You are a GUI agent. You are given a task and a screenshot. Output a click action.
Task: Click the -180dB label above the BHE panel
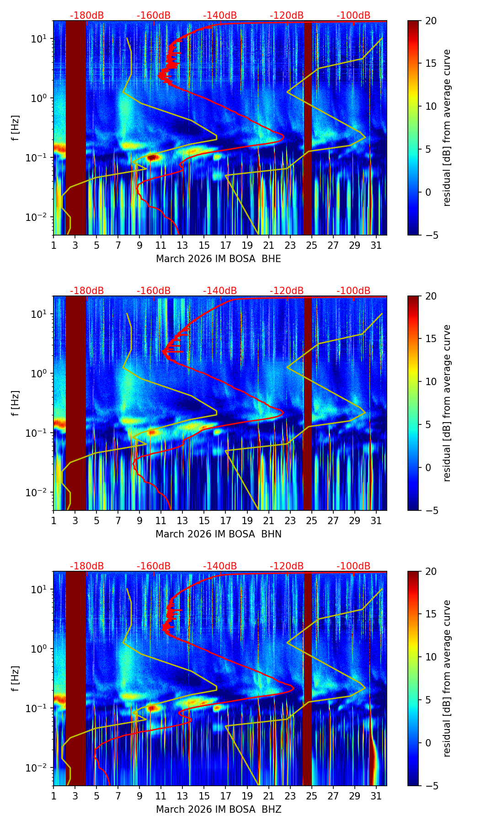pyautogui.click(x=87, y=16)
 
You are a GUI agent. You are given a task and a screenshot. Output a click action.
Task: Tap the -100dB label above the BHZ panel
pyautogui.click(x=353, y=567)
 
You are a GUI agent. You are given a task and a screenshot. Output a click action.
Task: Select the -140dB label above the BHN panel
pyautogui.click(x=220, y=291)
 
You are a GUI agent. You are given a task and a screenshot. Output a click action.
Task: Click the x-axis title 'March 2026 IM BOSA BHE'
pyautogui.click(x=219, y=259)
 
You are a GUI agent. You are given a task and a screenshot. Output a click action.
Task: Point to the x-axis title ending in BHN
pyautogui.click(x=219, y=535)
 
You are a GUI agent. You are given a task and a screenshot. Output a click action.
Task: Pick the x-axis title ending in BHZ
pyautogui.click(x=219, y=810)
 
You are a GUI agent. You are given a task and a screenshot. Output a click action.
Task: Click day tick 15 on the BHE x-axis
pyautogui.click(x=204, y=245)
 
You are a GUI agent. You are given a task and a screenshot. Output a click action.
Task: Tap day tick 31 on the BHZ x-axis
pyautogui.click(x=376, y=796)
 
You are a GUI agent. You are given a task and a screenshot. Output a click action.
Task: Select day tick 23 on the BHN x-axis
pyautogui.click(x=290, y=520)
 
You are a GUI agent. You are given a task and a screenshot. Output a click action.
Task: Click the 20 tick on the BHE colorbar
pyautogui.click(x=431, y=21)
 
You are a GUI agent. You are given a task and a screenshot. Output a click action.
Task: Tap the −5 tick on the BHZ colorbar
pyautogui.click(x=430, y=786)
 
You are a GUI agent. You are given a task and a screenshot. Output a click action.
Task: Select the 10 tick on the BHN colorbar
pyautogui.click(x=431, y=381)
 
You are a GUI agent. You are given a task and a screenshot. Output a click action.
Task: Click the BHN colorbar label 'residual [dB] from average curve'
pyautogui.click(x=447, y=403)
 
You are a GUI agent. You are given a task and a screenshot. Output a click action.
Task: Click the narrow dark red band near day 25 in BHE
pyautogui.click(x=308, y=128)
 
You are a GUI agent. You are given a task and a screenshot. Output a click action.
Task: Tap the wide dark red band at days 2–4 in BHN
pyautogui.click(x=76, y=403)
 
